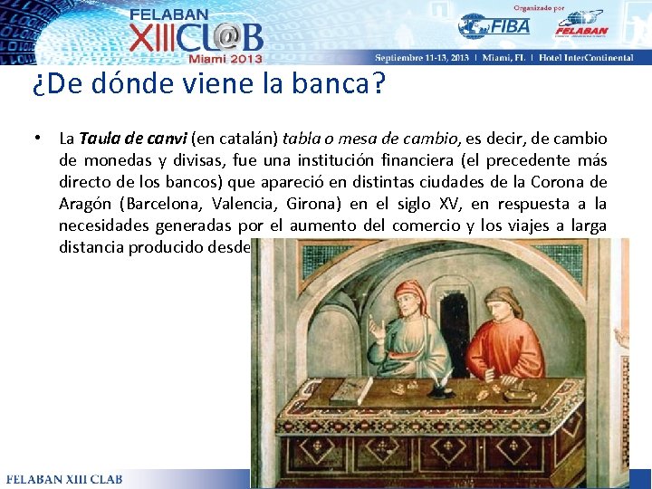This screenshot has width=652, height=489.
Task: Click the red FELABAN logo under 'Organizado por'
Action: click(581, 24)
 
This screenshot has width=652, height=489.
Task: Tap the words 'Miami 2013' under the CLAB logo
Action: click(225, 58)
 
